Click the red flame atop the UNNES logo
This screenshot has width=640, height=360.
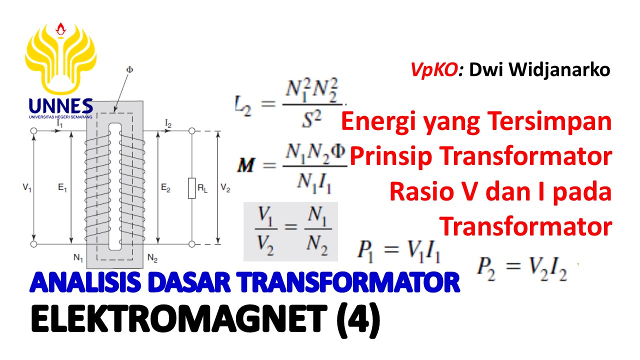[60, 29]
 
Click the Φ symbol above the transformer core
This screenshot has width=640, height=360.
[129, 69]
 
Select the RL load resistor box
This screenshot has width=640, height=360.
[191, 188]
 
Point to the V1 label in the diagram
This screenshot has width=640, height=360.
[27, 187]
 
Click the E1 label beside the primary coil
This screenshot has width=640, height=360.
[62, 187]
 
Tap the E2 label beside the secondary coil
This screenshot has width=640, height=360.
[165, 187]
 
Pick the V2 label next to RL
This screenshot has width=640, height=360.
[225, 187]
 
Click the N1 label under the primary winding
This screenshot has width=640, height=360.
[78, 258]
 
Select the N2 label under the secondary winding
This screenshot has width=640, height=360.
[152, 258]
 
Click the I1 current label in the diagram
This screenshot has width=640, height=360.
[59, 123]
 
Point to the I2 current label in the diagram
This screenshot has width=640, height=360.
[168, 123]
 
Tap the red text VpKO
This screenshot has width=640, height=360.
[434, 70]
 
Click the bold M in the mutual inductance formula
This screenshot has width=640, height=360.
[246, 165]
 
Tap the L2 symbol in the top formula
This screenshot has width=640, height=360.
[243, 105]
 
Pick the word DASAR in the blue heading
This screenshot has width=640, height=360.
[189, 282]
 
